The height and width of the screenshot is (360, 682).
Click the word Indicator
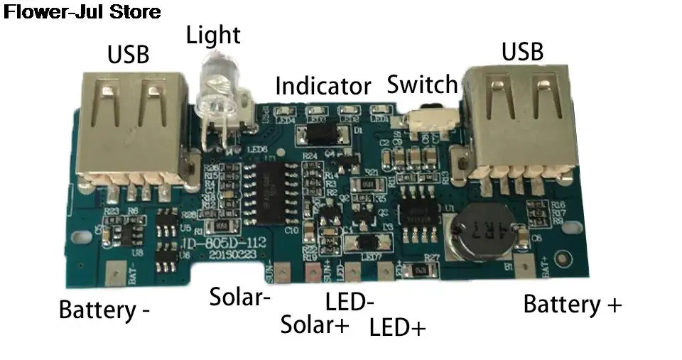pyautogui.click(x=323, y=87)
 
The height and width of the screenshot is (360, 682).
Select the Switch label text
pyautogui.click(x=422, y=84)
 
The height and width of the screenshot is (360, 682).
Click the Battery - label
pyautogui.click(x=104, y=310)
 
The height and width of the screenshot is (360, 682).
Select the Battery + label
pyautogui.click(x=572, y=305)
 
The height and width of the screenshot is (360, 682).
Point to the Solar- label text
pyautogui.click(x=239, y=297)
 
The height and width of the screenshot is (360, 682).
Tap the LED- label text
pyautogui.click(x=350, y=301)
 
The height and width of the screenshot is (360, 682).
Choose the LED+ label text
pyautogui.click(x=398, y=327)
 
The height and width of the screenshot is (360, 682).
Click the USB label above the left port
pyautogui.click(x=128, y=55)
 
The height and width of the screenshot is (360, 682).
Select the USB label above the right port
pyautogui.click(x=522, y=51)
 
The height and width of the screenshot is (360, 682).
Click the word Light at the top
pyautogui.click(x=213, y=35)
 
